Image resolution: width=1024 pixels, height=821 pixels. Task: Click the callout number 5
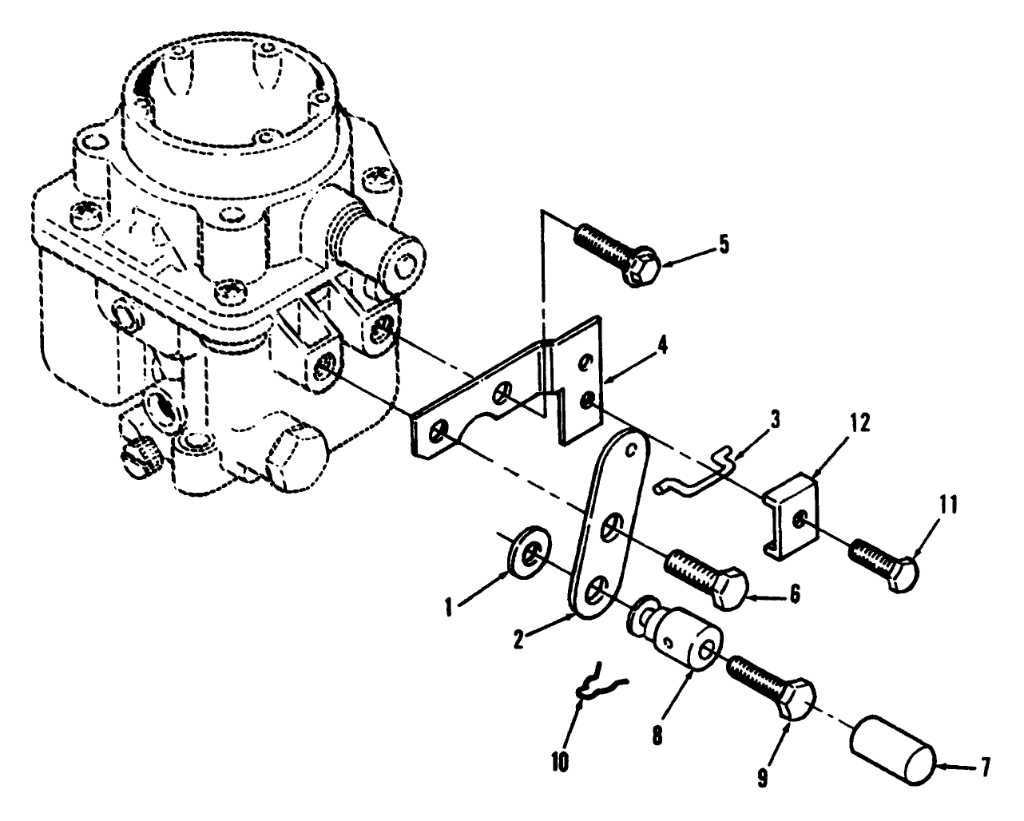pos(724,244)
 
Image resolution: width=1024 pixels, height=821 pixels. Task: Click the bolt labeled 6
pos(707,578)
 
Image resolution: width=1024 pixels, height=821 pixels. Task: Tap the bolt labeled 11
pos(883,561)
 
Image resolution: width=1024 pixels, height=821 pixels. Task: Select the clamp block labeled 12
pos(792,514)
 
